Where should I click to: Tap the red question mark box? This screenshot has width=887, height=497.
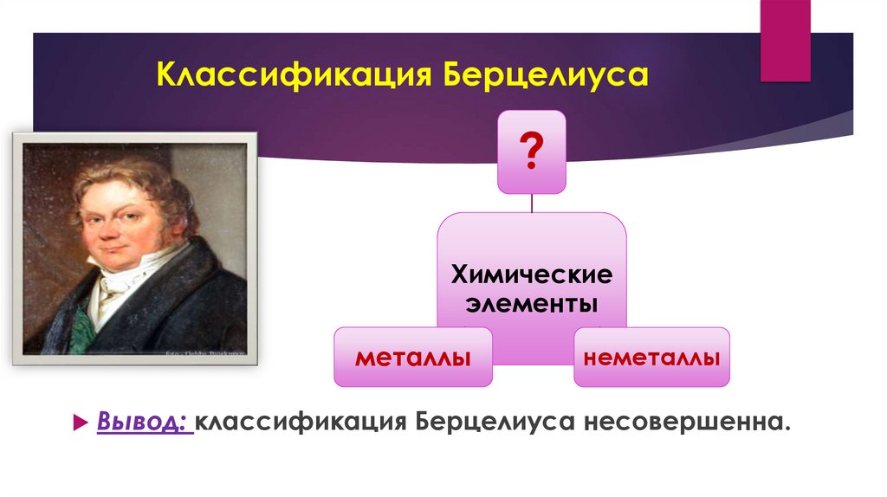531,152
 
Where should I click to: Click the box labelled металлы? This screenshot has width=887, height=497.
413,357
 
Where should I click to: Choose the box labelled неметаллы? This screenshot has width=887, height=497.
651,357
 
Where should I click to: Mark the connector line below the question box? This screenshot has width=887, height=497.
531,203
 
